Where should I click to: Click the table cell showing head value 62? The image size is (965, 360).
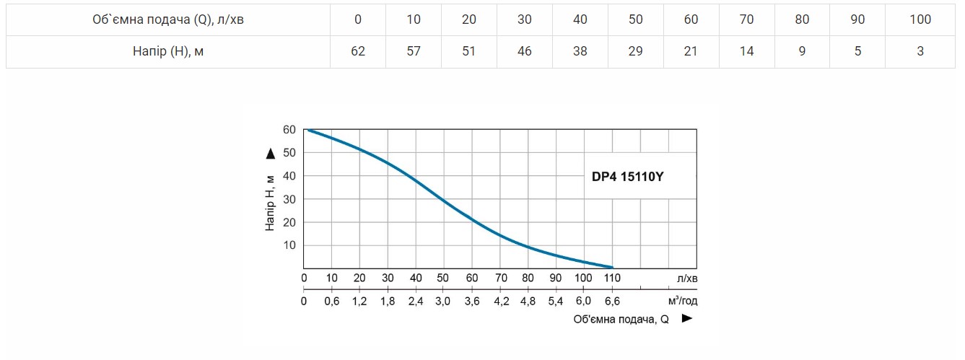[358, 51]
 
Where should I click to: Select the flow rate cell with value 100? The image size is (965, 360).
[920, 19]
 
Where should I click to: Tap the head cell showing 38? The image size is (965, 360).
[580, 51]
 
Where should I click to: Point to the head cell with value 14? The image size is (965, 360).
[746, 51]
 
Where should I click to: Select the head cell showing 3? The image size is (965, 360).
[920, 51]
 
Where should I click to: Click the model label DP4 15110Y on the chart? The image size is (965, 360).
[623, 176]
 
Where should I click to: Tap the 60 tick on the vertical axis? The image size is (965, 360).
[289, 130]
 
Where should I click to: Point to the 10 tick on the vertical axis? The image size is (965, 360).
[289, 245]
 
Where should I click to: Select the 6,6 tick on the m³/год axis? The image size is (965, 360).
[611, 301]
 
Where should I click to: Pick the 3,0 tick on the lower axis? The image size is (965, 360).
[442, 301]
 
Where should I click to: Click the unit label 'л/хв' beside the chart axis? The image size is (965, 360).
[687, 278]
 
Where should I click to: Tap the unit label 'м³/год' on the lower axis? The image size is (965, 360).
[683, 301]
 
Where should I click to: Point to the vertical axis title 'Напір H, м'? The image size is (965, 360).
[270, 202]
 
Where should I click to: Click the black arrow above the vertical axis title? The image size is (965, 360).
[270, 153]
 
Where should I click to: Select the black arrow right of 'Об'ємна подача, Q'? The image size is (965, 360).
[687, 318]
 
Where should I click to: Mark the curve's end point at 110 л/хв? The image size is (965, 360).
[611, 267]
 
